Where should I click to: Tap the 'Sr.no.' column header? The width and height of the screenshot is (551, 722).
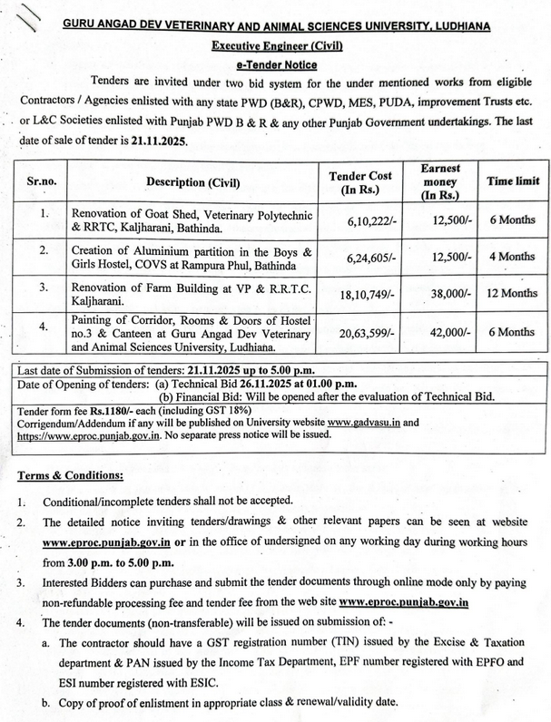click(x=40, y=181)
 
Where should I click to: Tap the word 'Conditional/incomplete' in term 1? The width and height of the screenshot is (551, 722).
click(x=97, y=501)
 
